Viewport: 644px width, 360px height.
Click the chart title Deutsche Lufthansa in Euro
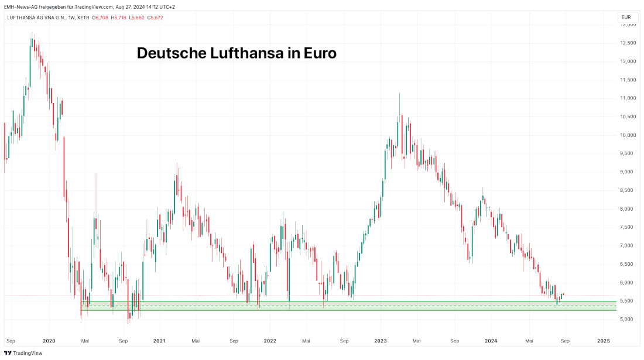tap(237, 53)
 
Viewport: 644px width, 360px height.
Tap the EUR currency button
tap(626, 18)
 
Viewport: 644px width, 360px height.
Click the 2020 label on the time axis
tap(49, 340)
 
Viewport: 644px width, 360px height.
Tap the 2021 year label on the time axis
tap(159, 340)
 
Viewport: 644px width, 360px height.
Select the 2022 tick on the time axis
tap(270, 340)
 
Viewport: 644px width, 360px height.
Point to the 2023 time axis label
tap(381, 340)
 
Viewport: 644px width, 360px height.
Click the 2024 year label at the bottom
tap(491, 340)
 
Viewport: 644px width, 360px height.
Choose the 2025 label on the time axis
tap(604, 340)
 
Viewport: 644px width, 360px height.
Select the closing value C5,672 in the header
tap(155, 18)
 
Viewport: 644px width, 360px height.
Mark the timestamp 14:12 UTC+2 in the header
tap(159, 6)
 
